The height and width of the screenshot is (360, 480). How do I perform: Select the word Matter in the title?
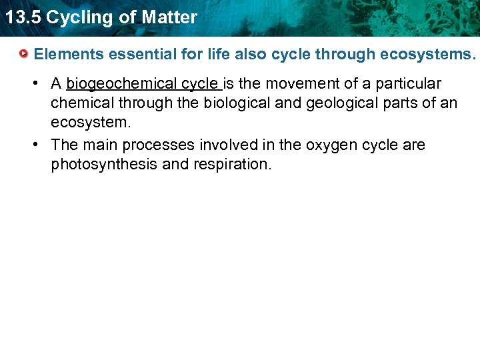(170, 17)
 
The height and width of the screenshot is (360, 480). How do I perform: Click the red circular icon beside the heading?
(24, 53)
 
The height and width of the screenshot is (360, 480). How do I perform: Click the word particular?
(407, 84)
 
